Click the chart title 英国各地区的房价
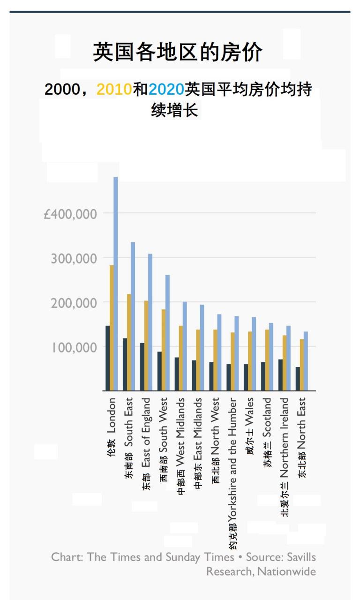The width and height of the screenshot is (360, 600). (178, 52)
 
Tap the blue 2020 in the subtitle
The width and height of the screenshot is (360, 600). (166, 89)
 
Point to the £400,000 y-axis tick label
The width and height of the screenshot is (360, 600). (70, 214)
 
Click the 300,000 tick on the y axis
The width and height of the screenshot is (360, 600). (74, 259)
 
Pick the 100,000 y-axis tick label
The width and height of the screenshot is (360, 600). (74, 348)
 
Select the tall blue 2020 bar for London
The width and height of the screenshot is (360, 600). (116, 284)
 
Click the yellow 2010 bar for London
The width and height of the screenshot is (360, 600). (112, 328)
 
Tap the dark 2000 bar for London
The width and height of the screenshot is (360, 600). (107, 358)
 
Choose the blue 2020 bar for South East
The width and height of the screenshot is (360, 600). (133, 316)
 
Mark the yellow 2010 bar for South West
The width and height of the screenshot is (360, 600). (164, 350)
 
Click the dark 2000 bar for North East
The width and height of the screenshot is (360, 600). (298, 379)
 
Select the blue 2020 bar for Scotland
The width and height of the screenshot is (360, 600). (271, 357)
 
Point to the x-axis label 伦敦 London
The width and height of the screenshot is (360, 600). (111, 427)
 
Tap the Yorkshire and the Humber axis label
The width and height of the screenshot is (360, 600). (233, 473)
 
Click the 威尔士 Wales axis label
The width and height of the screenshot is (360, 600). (250, 427)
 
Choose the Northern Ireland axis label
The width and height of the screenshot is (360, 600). (285, 457)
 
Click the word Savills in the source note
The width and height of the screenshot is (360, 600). (301, 557)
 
